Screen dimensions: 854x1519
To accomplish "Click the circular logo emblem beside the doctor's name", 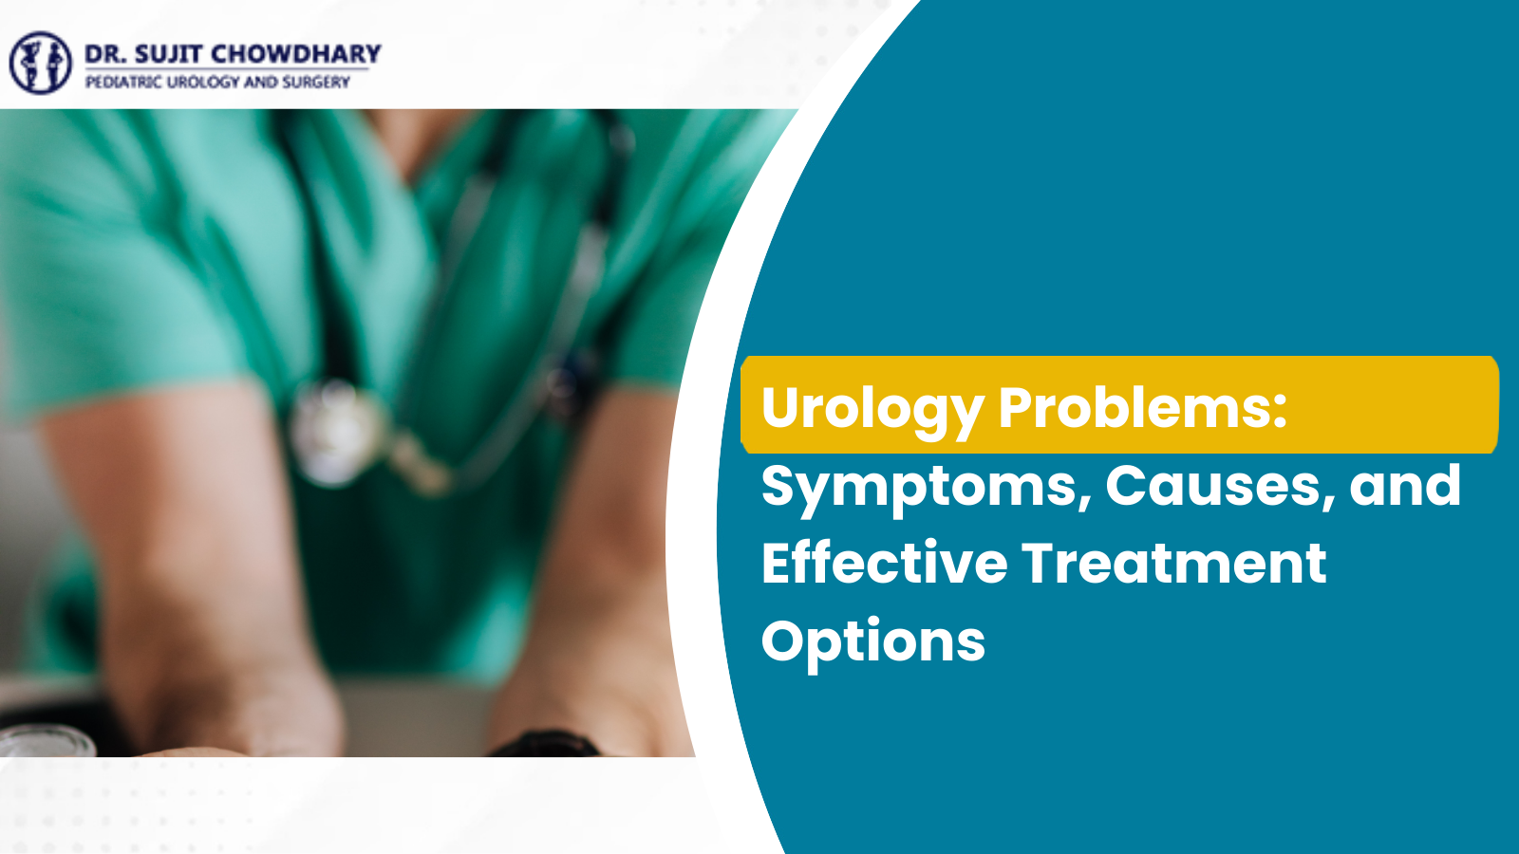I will [x=40, y=63].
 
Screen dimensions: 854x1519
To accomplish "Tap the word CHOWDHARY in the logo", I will [x=295, y=54].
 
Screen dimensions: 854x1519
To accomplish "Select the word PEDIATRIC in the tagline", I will [x=123, y=83].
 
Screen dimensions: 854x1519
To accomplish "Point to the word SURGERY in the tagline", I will [x=316, y=83].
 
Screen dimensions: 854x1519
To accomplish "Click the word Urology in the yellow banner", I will [x=872, y=408].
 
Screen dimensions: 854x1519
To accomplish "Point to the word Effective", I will [x=884, y=563].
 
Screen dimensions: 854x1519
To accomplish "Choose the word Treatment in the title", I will [x=1173, y=563].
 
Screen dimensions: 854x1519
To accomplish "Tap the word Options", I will [x=873, y=641].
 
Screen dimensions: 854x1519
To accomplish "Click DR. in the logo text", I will [x=104, y=54].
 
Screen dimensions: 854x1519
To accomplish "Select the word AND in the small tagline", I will [x=260, y=83].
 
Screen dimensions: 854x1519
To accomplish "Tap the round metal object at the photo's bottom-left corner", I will [x=43, y=741].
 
